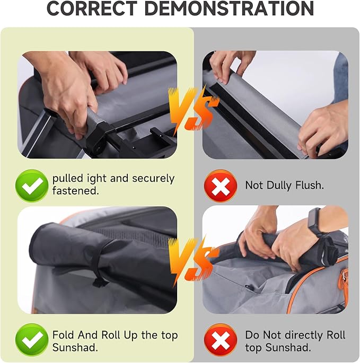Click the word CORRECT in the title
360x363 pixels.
92,8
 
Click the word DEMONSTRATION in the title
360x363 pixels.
229,8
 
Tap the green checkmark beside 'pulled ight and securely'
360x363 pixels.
32,185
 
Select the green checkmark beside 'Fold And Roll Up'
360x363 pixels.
32,340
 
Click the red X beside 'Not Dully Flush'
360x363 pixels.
221,185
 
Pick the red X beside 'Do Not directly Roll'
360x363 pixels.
221,340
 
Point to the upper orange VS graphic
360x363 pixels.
192,108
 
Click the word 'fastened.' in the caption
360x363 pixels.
75,191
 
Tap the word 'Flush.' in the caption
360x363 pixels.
309,185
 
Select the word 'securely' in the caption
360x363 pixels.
153,179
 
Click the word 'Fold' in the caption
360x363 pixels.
64,335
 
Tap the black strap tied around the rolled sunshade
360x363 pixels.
99,263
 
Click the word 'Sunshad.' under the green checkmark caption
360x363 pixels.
75,348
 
